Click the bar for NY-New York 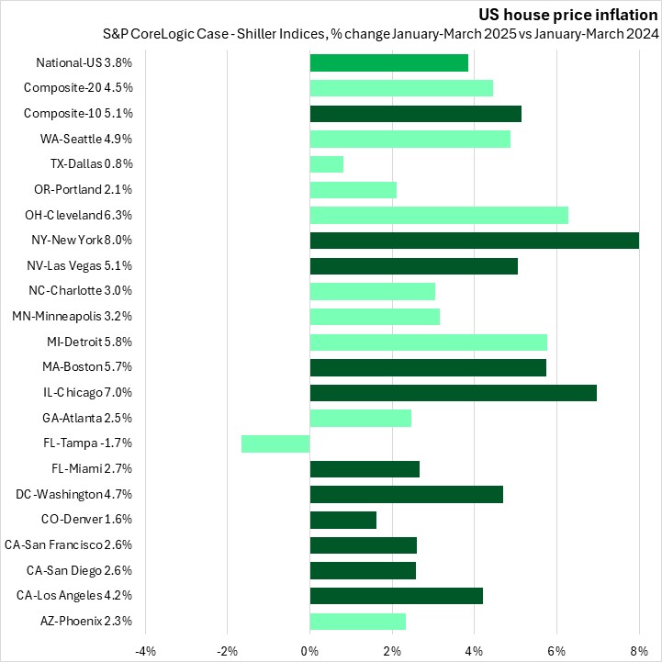[474, 241]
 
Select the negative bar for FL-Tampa [275, 443]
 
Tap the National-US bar [389, 63]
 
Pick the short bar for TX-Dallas [327, 164]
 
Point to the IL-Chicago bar [454, 393]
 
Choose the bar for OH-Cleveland [439, 215]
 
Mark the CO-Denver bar [343, 520]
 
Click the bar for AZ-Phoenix [358, 622]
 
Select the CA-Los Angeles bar [397, 596]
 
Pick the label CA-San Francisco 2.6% [69, 545]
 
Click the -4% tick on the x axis [145, 651]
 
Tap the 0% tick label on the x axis [310, 651]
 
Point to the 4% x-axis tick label [474, 651]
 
